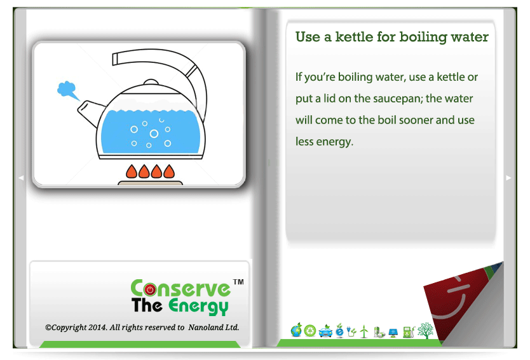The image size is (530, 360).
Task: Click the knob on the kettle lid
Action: point(151,82)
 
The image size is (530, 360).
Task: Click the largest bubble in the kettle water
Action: point(154,134)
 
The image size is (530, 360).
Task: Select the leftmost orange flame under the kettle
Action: point(132,172)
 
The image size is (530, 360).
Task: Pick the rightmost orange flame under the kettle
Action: point(169,172)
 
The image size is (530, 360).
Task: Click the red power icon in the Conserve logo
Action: point(150,289)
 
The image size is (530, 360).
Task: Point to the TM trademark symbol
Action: point(238,282)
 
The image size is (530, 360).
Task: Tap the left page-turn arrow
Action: point(21,177)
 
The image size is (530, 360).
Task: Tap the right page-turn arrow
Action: point(508,177)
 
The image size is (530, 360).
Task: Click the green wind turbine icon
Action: point(364,331)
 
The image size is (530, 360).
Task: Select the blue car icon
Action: point(325,331)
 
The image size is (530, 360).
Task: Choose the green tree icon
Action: point(425,331)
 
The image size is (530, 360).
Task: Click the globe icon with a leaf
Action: point(296,330)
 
